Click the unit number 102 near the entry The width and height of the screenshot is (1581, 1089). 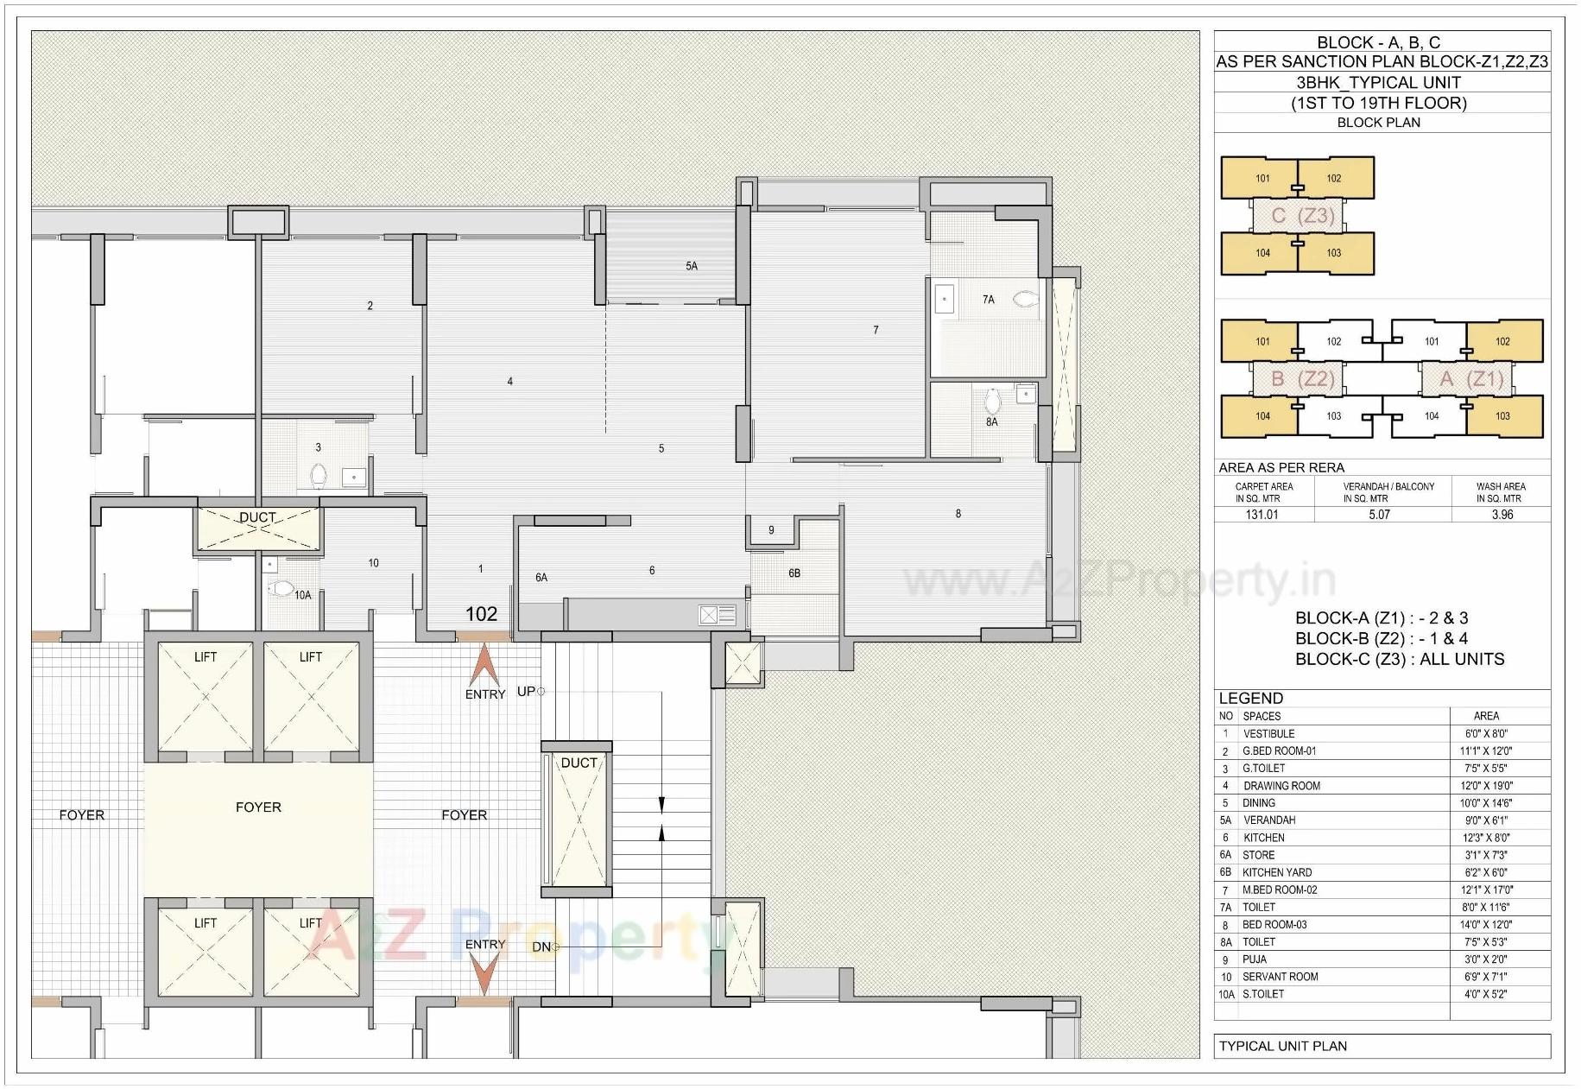481,614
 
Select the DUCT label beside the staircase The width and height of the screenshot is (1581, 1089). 579,763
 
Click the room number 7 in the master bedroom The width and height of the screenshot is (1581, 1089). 876,330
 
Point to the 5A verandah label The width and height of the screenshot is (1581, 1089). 692,266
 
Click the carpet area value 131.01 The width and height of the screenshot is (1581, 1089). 1262,515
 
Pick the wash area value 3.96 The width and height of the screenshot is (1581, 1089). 1502,515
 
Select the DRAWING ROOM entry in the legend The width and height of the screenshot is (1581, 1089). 1281,786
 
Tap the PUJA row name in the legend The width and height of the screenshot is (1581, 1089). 1255,959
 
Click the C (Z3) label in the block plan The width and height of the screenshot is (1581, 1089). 1304,216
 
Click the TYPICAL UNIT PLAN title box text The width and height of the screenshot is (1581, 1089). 1282,1046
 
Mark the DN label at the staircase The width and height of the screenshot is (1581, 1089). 541,947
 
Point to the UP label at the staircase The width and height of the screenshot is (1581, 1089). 526,692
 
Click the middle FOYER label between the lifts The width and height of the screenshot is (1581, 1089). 258,807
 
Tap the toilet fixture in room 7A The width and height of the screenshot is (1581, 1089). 1025,300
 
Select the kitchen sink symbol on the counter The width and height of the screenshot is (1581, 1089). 717,615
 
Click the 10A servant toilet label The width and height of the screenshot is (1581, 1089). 302,595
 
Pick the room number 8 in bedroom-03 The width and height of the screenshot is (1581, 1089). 958,514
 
